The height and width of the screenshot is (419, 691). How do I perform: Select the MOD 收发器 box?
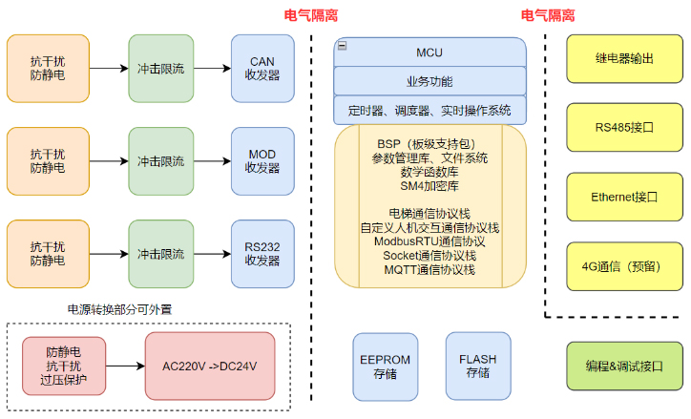click(262, 160)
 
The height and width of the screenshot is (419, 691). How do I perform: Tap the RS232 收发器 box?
click(262, 253)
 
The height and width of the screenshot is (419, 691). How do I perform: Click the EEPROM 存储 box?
click(385, 366)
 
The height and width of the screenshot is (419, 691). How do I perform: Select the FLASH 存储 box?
click(477, 366)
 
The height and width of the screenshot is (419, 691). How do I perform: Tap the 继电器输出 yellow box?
click(624, 58)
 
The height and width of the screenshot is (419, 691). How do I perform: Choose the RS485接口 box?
click(624, 127)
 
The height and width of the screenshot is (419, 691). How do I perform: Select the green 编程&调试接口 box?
click(624, 366)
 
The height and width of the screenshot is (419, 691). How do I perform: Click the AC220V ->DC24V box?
click(209, 366)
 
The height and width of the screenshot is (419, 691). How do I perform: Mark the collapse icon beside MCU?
click(342, 45)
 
